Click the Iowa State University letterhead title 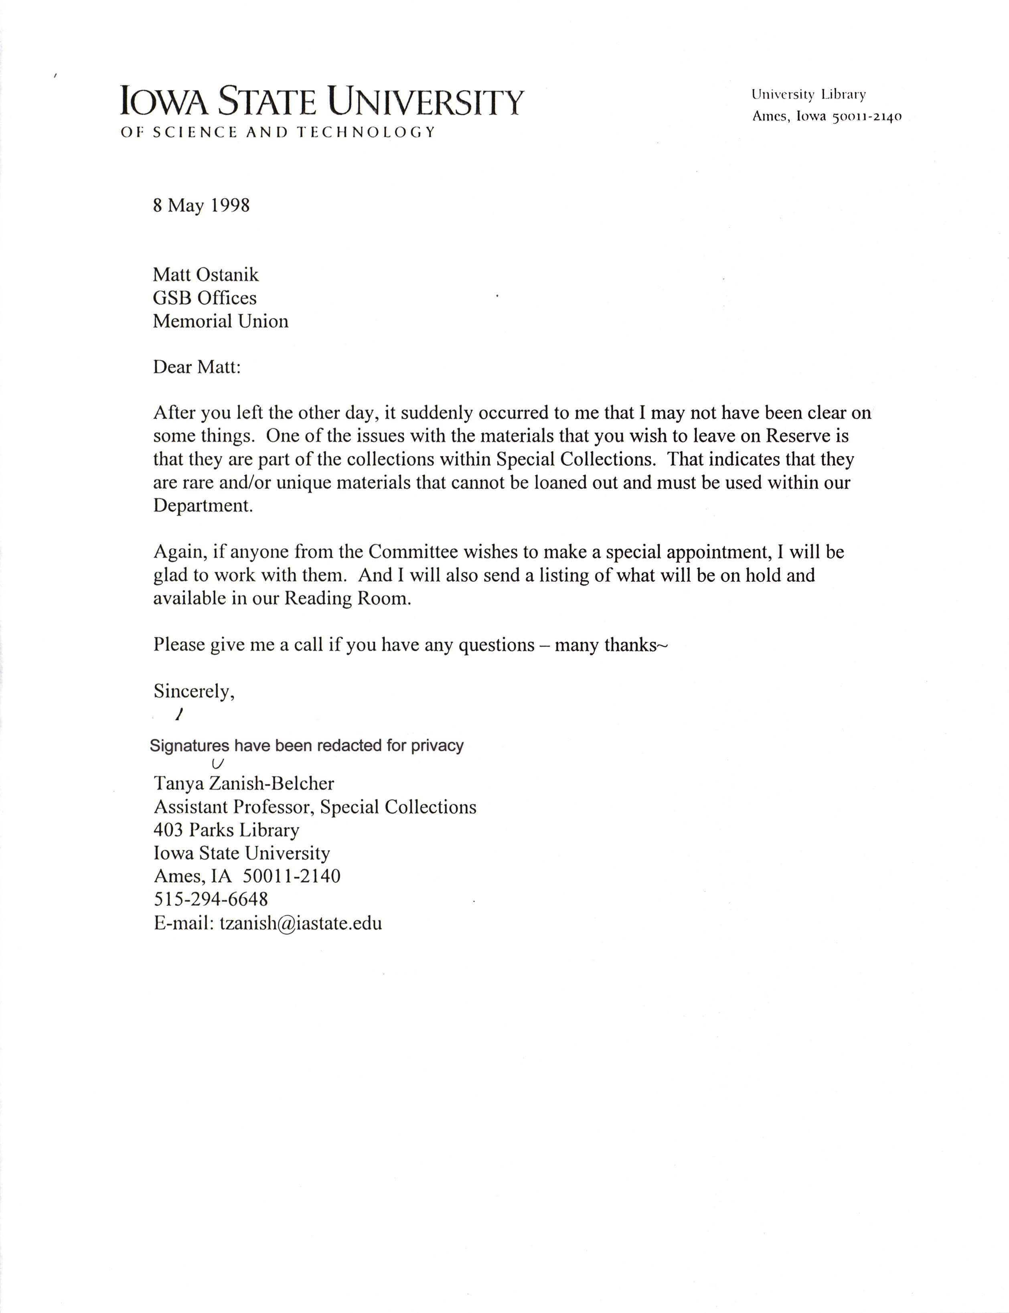322,101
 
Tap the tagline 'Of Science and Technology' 278,132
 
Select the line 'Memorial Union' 221,321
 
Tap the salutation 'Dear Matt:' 197,367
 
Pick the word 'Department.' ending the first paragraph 203,505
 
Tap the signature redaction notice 306,746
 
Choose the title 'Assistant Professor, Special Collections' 315,806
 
